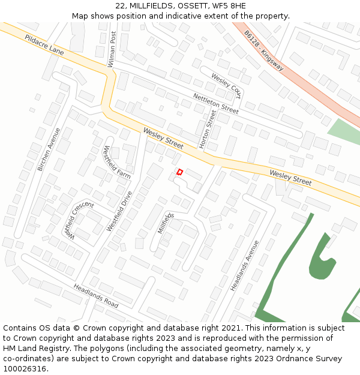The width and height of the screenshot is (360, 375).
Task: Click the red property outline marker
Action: click(179, 172)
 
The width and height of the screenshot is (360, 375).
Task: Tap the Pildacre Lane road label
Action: click(44, 46)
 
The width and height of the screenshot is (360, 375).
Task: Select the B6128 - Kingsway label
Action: click(263, 50)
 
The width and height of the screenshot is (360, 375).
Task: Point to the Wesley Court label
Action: click(226, 86)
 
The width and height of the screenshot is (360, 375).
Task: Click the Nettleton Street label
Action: click(215, 103)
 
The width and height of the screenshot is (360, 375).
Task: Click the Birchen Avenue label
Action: click(49, 149)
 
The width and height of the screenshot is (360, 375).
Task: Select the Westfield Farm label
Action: click(116, 162)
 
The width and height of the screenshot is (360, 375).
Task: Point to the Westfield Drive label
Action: click(119, 211)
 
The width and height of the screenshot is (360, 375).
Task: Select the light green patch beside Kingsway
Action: click(344, 131)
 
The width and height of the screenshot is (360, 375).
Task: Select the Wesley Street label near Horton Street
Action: click(163, 139)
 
